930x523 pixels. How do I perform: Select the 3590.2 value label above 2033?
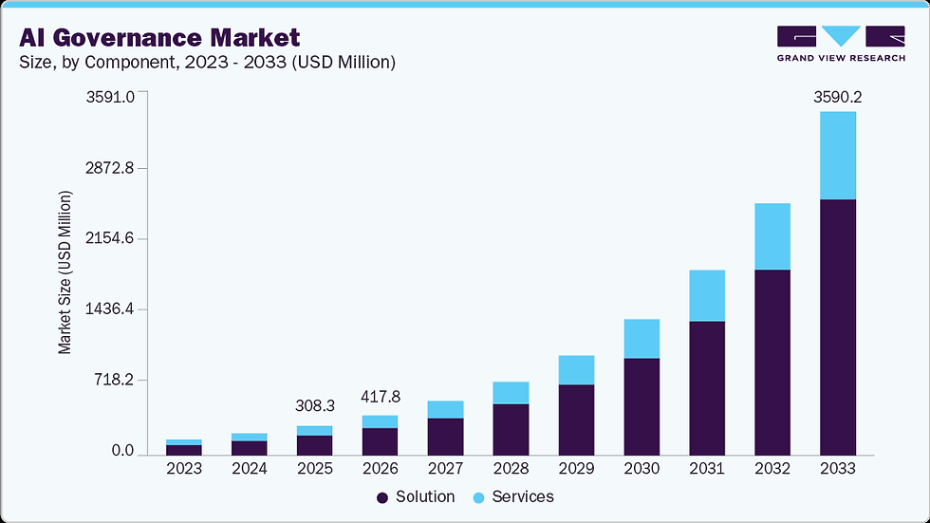[x=837, y=97]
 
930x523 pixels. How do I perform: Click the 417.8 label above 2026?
[x=380, y=396]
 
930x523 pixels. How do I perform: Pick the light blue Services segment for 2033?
[x=837, y=156]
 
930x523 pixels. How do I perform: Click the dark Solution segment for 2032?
[x=772, y=362]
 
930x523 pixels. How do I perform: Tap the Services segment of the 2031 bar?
[x=706, y=296]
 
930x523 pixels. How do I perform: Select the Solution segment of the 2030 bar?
[x=641, y=406]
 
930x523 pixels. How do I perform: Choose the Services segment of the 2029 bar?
[x=576, y=370]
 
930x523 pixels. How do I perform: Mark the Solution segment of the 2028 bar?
[x=511, y=429]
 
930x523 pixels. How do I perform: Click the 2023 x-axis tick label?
[x=183, y=469]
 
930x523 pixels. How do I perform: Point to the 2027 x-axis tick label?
[x=445, y=469]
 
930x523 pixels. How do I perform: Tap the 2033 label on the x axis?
[x=837, y=469]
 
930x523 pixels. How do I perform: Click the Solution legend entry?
[x=416, y=497]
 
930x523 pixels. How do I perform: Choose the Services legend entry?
[x=513, y=497]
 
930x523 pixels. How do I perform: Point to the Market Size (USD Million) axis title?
[x=65, y=273]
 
